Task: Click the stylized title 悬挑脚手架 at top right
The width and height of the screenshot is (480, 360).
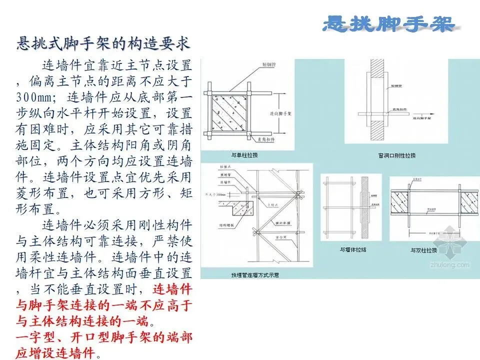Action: pos(388,23)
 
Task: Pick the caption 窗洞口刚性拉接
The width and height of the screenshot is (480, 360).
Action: pos(397,155)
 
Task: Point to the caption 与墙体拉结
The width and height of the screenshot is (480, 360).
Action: pos(352,250)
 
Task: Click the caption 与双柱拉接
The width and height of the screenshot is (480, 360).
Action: pos(423,250)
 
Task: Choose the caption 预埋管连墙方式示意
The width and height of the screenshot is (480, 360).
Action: pos(255,274)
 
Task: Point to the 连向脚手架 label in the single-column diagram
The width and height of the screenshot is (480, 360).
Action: pos(289,113)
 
